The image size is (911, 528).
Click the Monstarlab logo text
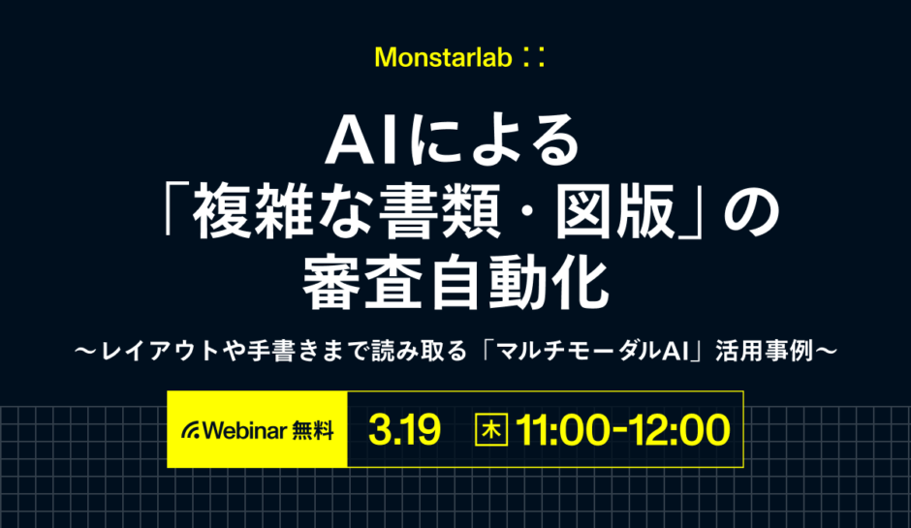click(x=441, y=57)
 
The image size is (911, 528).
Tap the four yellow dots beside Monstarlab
click(x=532, y=57)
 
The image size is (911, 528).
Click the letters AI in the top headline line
click(x=361, y=141)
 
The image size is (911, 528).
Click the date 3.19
click(x=404, y=430)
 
